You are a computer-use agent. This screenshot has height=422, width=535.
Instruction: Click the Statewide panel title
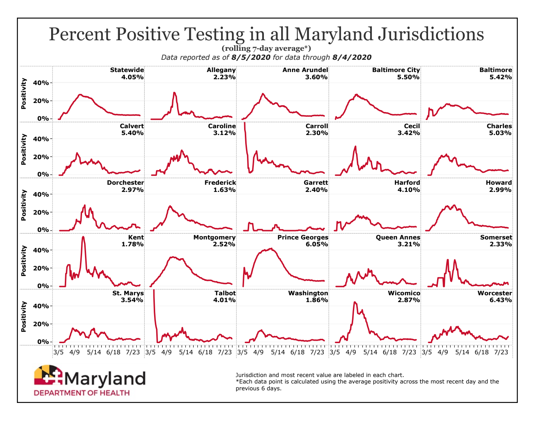[127, 70]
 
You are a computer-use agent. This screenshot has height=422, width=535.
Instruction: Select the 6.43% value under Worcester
[502, 300]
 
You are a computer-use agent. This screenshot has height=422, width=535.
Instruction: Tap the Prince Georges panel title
[303, 237]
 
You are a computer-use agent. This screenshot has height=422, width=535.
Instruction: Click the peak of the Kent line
[83, 237]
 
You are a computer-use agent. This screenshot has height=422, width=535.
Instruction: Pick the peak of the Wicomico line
[355, 302]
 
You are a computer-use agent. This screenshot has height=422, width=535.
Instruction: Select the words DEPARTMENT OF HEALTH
[82, 393]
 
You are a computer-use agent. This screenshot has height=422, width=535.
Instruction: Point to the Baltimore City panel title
[396, 70]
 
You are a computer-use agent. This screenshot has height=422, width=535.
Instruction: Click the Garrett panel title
[316, 183]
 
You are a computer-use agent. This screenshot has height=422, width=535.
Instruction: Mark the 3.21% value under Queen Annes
[410, 244]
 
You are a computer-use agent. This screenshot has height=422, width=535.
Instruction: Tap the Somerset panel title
[496, 237]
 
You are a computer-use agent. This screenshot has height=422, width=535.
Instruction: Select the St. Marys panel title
[128, 293]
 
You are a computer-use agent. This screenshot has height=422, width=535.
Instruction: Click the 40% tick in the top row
[41, 83]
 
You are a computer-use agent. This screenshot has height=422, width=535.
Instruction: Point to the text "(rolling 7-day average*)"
[266, 48]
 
